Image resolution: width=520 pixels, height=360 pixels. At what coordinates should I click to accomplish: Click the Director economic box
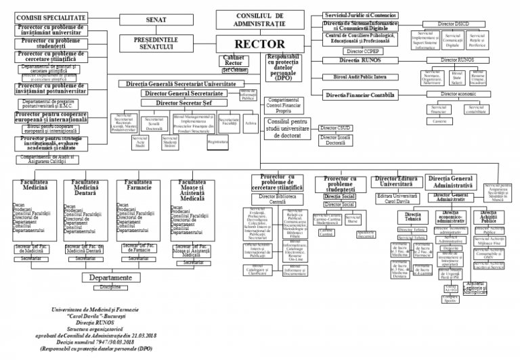pyautogui.click(x=452, y=93)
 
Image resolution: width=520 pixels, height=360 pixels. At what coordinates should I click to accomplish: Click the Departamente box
pyautogui.click(x=110, y=277)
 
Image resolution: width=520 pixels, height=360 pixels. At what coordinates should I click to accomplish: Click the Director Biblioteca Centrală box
pyautogui.click(x=278, y=198)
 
